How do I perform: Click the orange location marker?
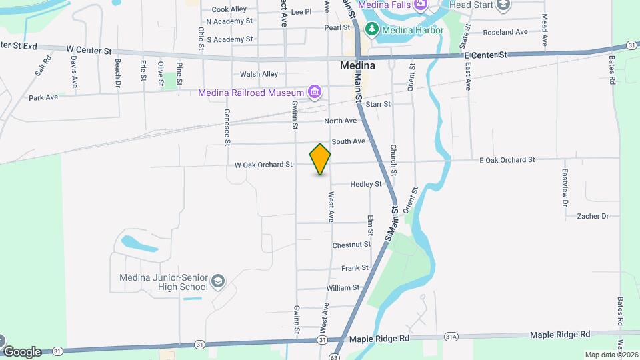[320, 159]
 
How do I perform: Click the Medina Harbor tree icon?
[371, 29]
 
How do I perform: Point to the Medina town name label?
[357, 66]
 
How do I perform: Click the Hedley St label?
[366, 184]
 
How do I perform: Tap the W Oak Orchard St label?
[263, 164]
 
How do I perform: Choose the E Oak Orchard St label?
[507, 159]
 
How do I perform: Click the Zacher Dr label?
[593, 216]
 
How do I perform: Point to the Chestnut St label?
[351, 245]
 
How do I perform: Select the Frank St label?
[355, 268]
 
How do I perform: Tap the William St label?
[343, 288]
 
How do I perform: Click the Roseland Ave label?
[505, 32]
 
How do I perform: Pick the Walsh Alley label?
[259, 74]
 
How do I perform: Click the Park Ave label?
[43, 97]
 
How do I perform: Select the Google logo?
[22, 351]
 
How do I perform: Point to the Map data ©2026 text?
[611, 355]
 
